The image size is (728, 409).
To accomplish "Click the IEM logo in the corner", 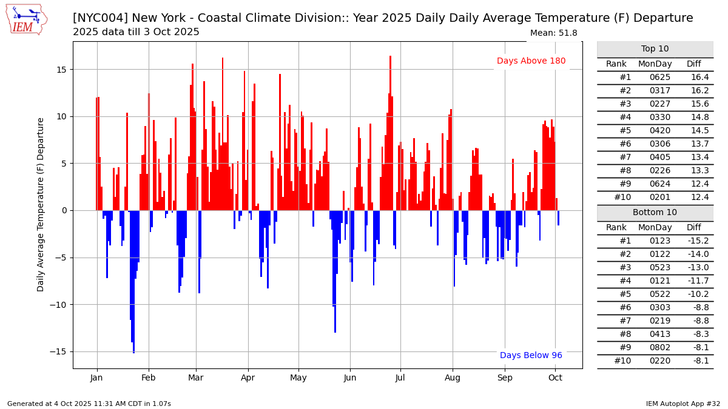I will pos(26,19).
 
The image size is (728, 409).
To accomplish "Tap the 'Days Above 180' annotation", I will pos(531,61).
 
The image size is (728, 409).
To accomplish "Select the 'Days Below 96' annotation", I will pos(531,356).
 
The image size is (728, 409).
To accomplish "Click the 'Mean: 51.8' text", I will pos(553,33).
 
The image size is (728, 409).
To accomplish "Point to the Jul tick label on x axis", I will pos(400,377).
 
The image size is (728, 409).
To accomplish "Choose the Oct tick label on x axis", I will pos(555,377).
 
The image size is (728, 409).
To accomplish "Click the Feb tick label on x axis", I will pos(148,377).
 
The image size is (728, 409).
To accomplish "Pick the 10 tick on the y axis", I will pos(61,116).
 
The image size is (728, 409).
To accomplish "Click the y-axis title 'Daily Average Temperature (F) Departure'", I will pos(41,205).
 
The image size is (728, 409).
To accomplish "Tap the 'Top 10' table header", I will pos(655,49).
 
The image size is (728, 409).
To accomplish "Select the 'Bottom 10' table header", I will pos(655,213).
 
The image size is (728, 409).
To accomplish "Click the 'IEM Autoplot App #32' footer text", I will pos(682,404).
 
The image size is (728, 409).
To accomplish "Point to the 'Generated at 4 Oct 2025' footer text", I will pos(89,404).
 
